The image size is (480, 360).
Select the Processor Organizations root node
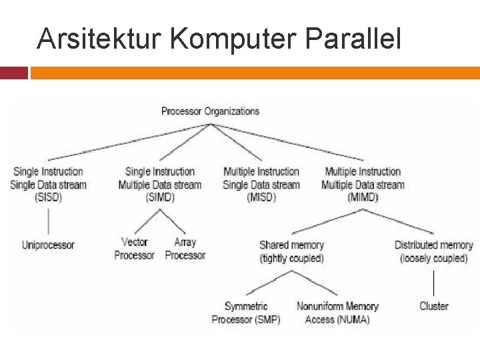tap(210, 111)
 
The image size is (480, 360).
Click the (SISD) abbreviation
tap(48, 197)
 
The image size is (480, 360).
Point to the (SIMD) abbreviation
tap(159, 197)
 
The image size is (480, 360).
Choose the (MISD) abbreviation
tap(261, 197)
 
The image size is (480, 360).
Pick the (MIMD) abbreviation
tap(362, 197)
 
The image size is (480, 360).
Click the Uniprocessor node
tap(48, 245)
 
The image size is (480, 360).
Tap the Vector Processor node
tap(134, 249)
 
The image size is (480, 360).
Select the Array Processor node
tap(185, 249)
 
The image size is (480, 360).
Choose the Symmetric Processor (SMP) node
tap(246, 313)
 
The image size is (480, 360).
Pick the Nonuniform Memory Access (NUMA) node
tap(337, 313)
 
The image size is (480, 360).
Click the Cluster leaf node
tap(433, 307)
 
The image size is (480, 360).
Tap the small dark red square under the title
tap(13, 73)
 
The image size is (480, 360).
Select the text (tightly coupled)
tap(291, 259)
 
